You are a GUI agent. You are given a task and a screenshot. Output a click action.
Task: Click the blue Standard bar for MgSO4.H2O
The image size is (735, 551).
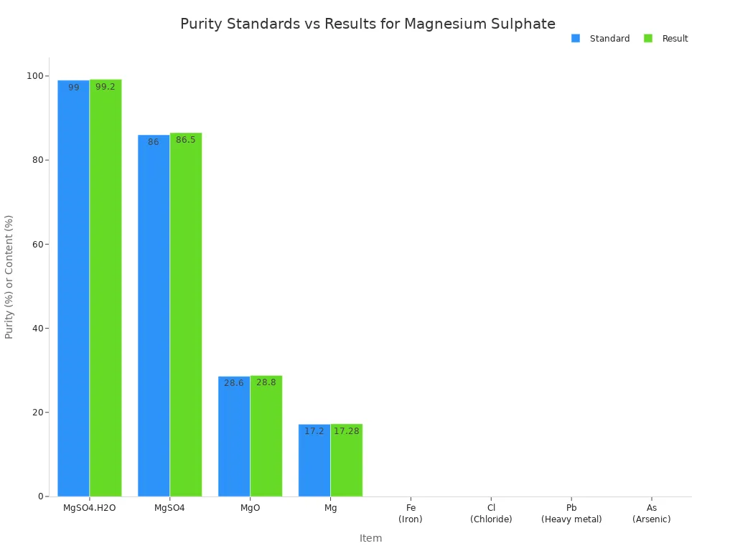[73, 287]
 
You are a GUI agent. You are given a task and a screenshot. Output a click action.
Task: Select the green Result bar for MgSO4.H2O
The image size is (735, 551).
[106, 287]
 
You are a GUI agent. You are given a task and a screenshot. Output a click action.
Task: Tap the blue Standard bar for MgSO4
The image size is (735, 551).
[154, 316]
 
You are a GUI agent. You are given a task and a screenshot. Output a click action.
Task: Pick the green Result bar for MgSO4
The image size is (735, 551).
[186, 316]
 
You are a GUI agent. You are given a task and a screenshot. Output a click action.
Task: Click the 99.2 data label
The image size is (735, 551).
[106, 87]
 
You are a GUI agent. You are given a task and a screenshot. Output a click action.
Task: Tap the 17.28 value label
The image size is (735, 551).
[347, 431]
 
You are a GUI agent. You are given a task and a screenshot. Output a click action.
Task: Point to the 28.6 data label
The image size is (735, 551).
[234, 383]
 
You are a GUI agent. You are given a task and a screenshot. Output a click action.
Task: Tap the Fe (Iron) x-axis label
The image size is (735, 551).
[411, 514]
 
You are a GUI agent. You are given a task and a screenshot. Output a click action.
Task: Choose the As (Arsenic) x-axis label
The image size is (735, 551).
[652, 514]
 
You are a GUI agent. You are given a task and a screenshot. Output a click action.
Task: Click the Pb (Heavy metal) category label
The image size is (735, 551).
[571, 514]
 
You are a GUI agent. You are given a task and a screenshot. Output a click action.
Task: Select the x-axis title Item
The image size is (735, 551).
[370, 538]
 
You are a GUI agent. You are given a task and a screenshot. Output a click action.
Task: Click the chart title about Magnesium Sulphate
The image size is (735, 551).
[367, 24]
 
